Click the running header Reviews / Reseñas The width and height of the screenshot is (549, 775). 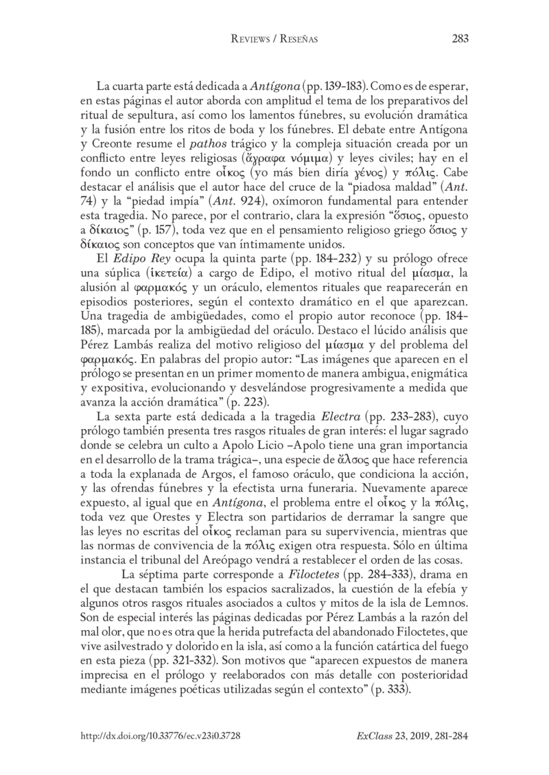tap(274, 40)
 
